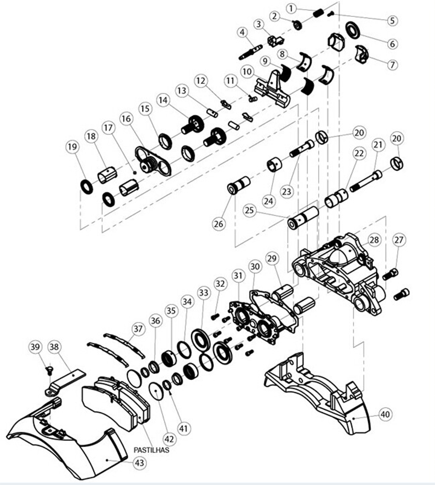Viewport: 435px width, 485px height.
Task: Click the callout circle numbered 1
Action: tap(292, 8)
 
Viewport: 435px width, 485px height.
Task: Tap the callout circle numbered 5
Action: tap(393, 20)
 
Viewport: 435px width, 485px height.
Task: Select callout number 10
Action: tap(247, 71)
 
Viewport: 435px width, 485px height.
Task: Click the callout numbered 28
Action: tap(374, 240)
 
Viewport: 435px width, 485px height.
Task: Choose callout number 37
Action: tap(139, 329)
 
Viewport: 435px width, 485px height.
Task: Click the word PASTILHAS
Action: tap(152, 449)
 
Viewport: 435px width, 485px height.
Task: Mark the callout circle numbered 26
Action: tap(218, 223)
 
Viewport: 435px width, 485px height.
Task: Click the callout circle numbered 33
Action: tap(203, 292)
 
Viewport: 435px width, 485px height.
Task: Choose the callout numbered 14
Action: tap(163, 99)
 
